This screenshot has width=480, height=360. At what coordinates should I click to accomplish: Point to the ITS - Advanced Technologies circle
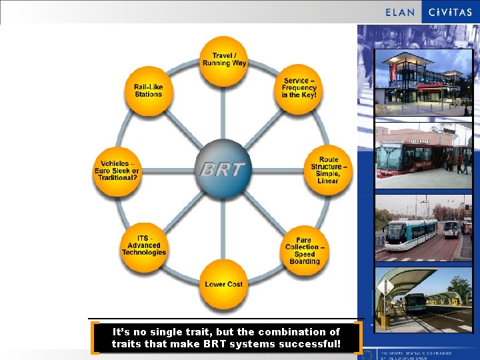click(143, 246)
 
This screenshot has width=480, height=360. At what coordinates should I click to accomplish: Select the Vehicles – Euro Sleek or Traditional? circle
click(117, 171)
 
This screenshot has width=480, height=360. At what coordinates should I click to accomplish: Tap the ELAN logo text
click(400, 12)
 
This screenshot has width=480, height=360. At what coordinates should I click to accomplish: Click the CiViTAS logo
click(450, 12)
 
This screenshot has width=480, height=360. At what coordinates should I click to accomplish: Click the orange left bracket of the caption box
click(96, 337)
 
